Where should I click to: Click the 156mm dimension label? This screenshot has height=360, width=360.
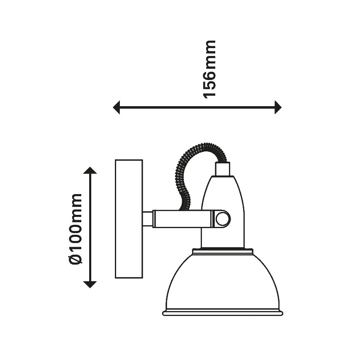coord(210,69)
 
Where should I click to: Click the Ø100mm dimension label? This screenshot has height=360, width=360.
coord(75,229)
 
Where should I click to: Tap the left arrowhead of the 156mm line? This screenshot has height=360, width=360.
coord(117,107)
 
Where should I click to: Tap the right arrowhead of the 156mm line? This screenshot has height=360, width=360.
coord(278,107)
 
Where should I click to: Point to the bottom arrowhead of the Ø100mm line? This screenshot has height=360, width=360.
coord(90,285)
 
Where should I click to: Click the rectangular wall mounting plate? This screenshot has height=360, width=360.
coord(129,219)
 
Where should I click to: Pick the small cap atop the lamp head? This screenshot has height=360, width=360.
coord(222,169)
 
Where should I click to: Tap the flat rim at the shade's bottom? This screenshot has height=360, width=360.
coord(222,313)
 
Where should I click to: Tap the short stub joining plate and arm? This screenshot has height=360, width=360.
coord(148,219)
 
